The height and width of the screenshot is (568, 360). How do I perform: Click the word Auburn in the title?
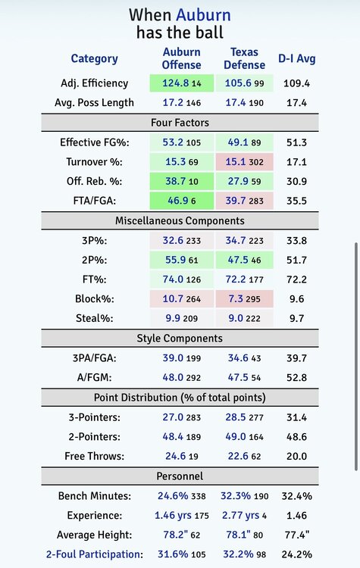tap(203, 15)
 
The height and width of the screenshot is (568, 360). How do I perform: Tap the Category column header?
tap(94, 58)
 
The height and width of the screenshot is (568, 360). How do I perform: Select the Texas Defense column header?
tap(244, 58)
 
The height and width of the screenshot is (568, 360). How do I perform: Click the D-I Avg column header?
tap(297, 58)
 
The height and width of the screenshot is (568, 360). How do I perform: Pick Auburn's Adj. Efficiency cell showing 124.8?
tap(182, 83)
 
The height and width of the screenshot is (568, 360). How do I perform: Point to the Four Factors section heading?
tap(180, 123)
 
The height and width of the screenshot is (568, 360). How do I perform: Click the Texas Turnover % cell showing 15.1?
tap(244, 161)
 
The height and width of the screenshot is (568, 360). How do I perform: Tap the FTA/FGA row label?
tap(95, 201)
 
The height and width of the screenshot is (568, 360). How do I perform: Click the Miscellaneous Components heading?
tap(180, 221)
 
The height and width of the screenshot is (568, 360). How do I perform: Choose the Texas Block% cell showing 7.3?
tap(244, 299)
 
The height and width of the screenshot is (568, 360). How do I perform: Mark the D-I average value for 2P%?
tap(296, 260)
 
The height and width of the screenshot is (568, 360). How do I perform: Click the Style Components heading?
tap(180, 339)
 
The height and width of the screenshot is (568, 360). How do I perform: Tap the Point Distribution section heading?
tap(180, 398)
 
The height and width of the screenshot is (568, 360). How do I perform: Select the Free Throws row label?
tap(94, 456)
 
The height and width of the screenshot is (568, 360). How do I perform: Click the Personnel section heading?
tap(180, 476)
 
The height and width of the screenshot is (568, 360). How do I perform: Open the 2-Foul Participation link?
tap(94, 554)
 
